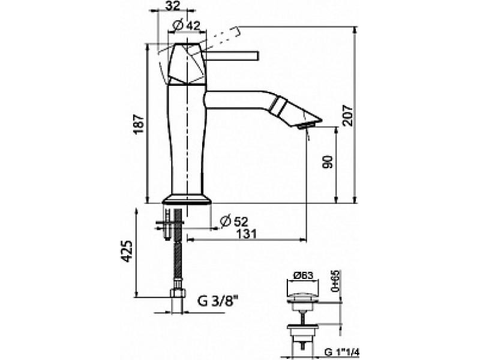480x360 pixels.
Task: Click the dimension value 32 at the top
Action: tap(174, 6)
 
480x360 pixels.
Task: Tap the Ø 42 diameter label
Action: tap(186, 25)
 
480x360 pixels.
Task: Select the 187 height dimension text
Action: tap(139, 124)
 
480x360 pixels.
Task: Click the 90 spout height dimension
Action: tap(327, 161)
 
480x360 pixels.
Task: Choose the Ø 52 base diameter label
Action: tap(233, 221)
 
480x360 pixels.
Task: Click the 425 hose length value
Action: tap(127, 251)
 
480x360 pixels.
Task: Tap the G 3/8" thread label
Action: tap(217, 302)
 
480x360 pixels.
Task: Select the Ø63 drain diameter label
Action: tap(304, 275)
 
